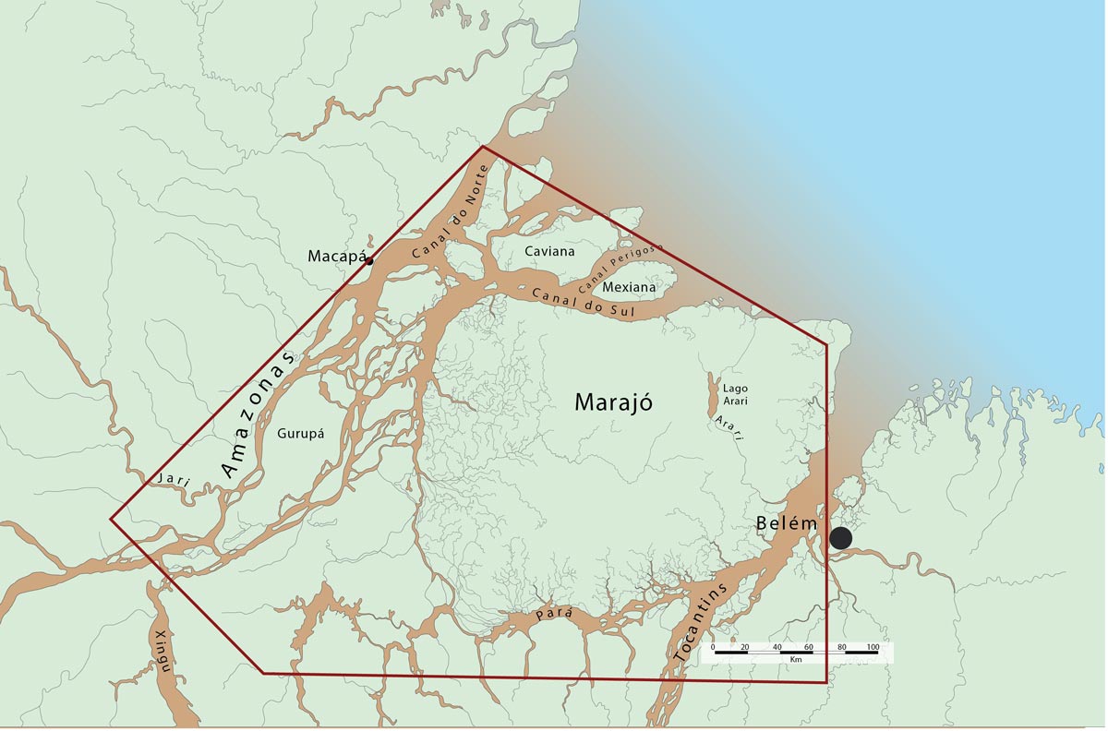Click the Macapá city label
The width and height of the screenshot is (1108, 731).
pyautogui.click(x=337, y=256)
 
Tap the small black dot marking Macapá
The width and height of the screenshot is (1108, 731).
pyautogui.click(x=369, y=261)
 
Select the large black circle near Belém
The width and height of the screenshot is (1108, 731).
pyautogui.click(x=840, y=538)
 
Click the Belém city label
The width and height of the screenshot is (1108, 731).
pyautogui.click(x=787, y=523)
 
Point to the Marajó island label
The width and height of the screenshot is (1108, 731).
pyautogui.click(x=614, y=402)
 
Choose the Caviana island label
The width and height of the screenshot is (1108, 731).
pyautogui.click(x=549, y=251)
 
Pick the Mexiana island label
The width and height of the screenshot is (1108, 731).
pyautogui.click(x=629, y=287)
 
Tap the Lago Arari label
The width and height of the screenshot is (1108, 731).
pyautogui.click(x=736, y=395)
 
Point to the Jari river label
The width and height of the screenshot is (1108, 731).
pyautogui.click(x=173, y=478)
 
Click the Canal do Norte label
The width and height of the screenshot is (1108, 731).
pyautogui.click(x=447, y=215)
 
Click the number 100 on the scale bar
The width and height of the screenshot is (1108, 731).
pyautogui.click(x=873, y=646)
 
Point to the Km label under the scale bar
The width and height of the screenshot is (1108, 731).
pyautogui.click(x=795, y=660)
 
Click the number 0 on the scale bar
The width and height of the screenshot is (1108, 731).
pyautogui.click(x=714, y=646)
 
